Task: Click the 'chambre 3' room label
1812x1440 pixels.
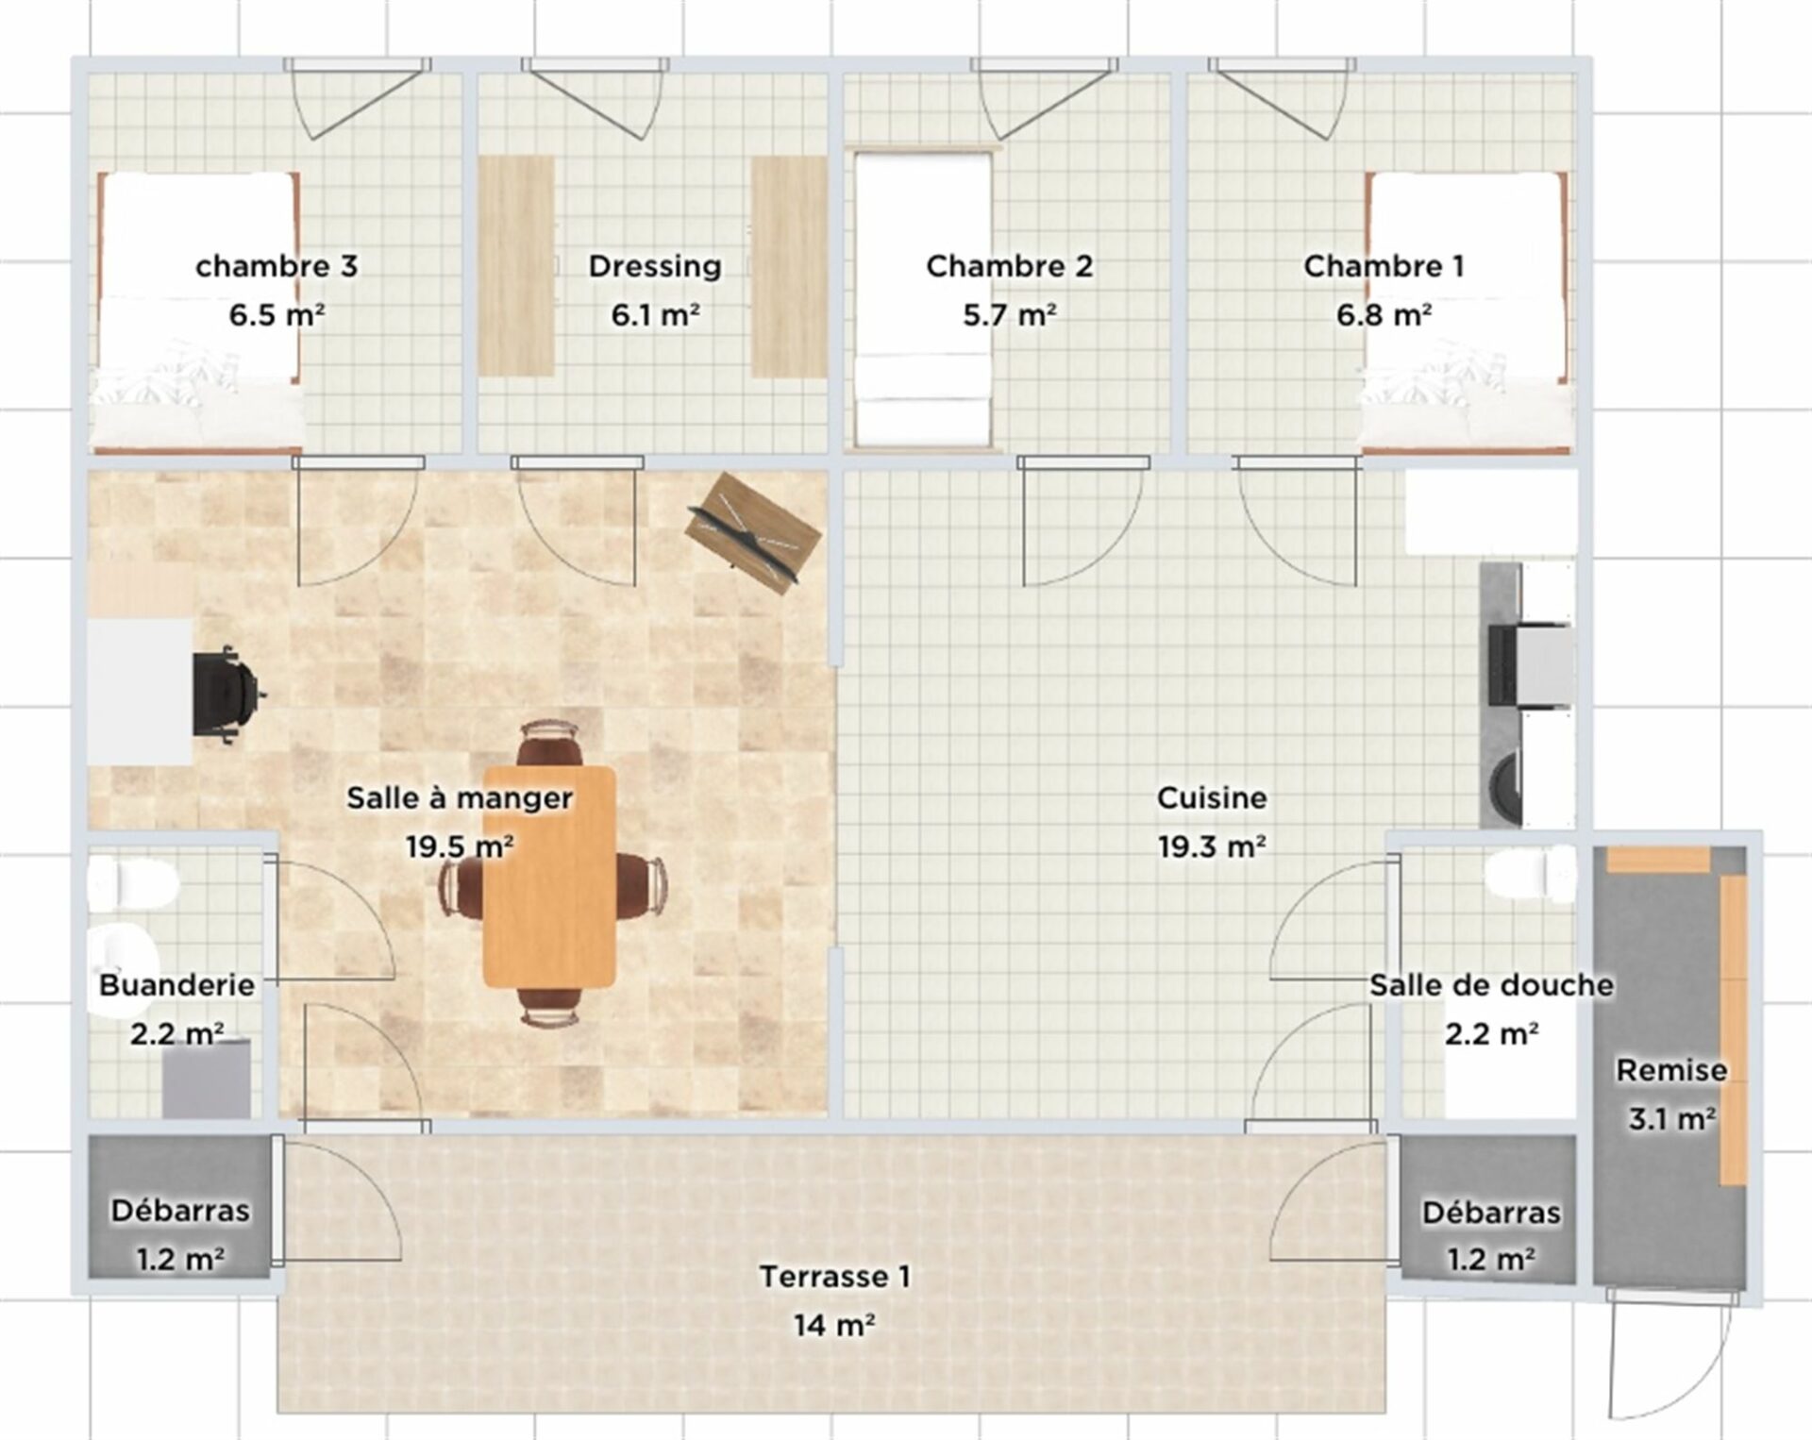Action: [x=277, y=266]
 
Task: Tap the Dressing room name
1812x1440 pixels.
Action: [x=655, y=266]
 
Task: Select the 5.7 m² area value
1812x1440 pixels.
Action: [x=1009, y=315]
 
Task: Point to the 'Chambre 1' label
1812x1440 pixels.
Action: [x=1384, y=266]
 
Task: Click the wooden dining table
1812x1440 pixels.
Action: [x=549, y=877]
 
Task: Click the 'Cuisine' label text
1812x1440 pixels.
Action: [x=1212, y=798]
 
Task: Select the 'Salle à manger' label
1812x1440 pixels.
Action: [x=460, y=798]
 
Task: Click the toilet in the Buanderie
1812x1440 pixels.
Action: [x=133, y=882]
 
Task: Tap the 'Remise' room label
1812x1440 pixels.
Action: [x=1671, y=1070]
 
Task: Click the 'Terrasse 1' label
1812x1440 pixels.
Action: [x=835, y=1277]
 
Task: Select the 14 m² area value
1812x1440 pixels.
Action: [x=834, y=1326]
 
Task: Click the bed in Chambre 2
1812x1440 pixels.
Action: [x=923, y=298]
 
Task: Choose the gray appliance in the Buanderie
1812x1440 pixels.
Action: [x=207, y=1079]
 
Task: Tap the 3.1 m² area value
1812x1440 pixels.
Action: [x=1671, y=1119]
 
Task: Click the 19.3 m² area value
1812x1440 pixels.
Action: [x=1212, y=847]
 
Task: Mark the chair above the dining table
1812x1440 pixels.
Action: [x=549, y=743]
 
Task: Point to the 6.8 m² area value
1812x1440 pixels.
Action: [x=1384, y=315]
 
